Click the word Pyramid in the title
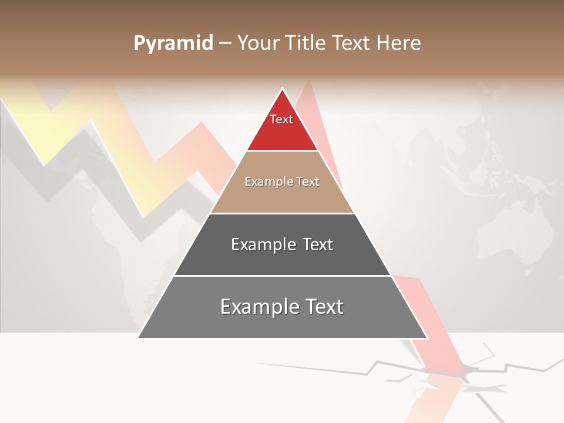(173, 43)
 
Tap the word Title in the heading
(306, 43)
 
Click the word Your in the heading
(258, 43)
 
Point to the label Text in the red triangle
(281, 119)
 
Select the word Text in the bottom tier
(323, 307)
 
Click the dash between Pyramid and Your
(224, 43)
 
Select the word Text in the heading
(352, 43)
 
